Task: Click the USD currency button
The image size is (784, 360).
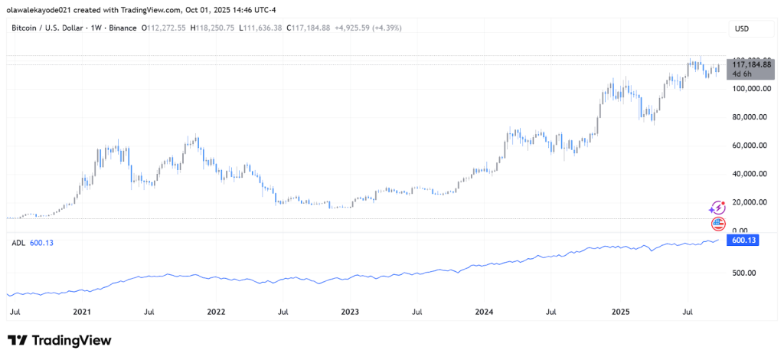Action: coord(741,29)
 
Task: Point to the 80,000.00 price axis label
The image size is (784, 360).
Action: coord(751,117)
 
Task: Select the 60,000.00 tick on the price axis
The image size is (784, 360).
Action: coord(751,146)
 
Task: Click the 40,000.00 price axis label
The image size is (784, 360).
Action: coord(751,174)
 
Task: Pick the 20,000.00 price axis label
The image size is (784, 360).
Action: coord(751,202)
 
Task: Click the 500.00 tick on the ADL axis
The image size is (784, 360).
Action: coord(743,273)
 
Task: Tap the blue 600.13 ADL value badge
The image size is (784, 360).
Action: coord(744,240)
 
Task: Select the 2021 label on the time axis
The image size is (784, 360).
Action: coord(82,313)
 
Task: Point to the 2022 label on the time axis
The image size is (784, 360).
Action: coord(216,313)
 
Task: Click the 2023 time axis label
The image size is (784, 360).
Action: coord(350,313)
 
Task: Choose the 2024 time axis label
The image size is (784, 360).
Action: coord(484,313)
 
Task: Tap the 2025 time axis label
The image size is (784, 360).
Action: coord(619,313)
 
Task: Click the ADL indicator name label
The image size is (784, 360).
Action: coord(18,243)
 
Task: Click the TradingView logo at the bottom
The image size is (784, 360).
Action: coord(60,340)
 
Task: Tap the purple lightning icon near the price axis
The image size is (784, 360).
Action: coord(717,208)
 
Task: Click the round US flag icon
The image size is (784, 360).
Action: coord(718,224)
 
